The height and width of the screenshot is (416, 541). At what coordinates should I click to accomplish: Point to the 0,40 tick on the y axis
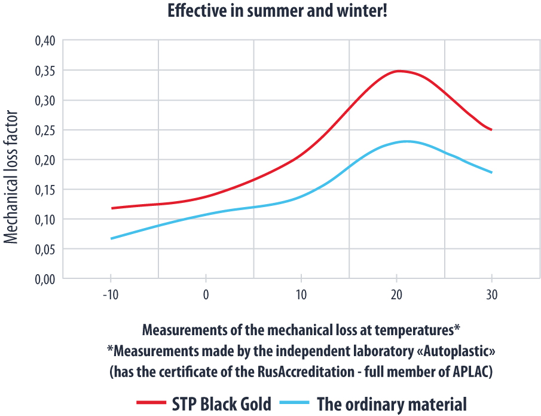click(x=45, y=41)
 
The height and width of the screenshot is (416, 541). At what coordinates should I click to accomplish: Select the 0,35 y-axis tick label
click(x=45, y=71)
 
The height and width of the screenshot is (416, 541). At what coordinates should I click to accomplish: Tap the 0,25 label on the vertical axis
click(x=45, y=130)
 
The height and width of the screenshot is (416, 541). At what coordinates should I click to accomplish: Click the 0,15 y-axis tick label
click(x=45, y=190)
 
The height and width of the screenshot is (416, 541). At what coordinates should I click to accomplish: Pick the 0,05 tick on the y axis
click(x=45, y=249)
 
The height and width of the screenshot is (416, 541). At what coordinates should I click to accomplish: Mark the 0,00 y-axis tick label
click(x=45, y=279)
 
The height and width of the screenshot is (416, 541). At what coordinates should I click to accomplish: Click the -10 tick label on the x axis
click(x=110, y=296)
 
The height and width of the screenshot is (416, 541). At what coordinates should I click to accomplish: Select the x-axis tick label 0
click(x=206, y=296)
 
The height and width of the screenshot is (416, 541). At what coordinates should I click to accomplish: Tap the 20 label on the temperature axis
click(x=396, y=296)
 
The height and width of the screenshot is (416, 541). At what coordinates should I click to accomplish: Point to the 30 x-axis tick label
click(x=491, y=296)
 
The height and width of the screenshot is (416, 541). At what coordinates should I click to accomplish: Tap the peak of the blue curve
click(x=406, y=141)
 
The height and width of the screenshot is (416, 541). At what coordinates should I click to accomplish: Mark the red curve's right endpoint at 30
click(x=491, y=130)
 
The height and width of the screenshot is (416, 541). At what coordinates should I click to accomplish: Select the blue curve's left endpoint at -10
click(x=111, y=239)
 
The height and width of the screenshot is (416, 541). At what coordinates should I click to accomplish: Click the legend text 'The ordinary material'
click(x=392, y=403)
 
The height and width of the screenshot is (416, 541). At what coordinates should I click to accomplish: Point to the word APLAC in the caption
click(x=467, y=371)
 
